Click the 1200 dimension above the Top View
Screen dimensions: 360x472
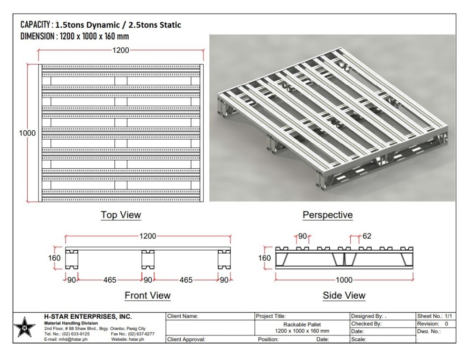point(121,51)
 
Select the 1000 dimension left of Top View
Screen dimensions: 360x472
point(27,133)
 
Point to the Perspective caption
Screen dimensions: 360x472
point(327,215)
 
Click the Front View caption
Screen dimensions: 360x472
point(147,295)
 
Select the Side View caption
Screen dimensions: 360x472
point(344,295)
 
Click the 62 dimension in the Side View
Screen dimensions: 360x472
point(367,236)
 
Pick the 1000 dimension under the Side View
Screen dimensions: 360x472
point(344,280)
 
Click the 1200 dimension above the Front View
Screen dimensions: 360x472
point(147,236)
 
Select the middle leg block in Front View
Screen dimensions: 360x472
point(148,259)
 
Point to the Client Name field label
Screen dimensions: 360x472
point(184,316)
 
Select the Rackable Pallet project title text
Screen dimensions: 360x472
point(302,324)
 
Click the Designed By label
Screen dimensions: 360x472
point(367,316)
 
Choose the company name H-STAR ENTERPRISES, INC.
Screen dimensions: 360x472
point(88,317)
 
